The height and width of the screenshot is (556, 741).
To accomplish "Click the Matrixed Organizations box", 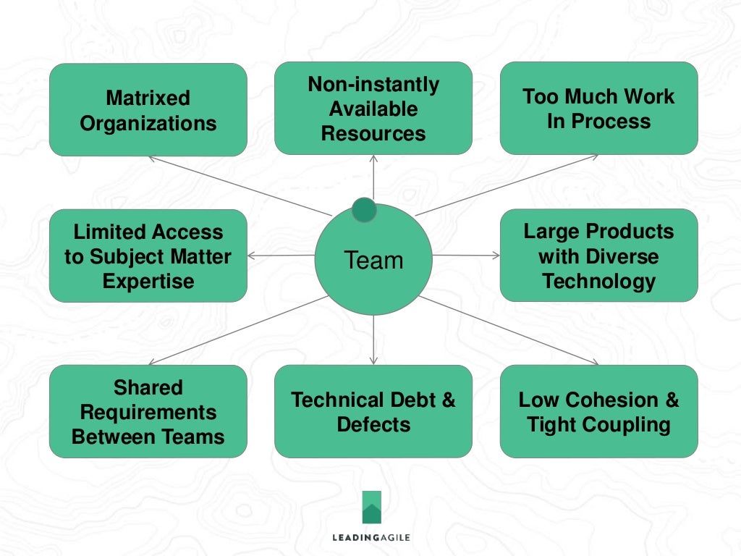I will (x=148, y=109).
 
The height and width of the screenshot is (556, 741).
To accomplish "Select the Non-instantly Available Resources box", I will (x=373, y=108).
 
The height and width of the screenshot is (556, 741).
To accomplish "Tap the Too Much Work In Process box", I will (x=598, y=108).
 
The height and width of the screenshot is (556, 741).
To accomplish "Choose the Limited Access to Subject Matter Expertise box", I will (x=148, y=256).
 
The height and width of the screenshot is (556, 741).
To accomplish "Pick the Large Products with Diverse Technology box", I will (x=598, y=256).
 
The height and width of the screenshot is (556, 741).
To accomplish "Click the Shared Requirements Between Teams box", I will (x=148, y=411).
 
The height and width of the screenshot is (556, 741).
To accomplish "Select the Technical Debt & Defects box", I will (x=373, y=411).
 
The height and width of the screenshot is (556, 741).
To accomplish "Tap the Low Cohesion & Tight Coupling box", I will (x=598, y=411).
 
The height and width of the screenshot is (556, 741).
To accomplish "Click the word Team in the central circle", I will (x=373, y=260).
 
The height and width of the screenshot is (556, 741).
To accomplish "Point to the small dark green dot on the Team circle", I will (x=364, y=210).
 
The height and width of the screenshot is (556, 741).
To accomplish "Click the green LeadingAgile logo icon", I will (x=372, y=507).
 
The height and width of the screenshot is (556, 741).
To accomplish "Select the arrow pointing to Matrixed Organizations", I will (x=239, y=185).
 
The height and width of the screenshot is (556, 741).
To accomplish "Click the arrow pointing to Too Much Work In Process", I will (x=507, y=185).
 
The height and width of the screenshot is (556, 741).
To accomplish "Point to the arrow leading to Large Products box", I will (x=467, y=255).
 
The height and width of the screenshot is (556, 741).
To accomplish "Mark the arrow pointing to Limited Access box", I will (x=281, y=256).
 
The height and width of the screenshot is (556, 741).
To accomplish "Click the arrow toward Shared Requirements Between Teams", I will (x=239, y=329).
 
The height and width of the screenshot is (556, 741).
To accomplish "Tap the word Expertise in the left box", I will (x=148, y=281).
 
